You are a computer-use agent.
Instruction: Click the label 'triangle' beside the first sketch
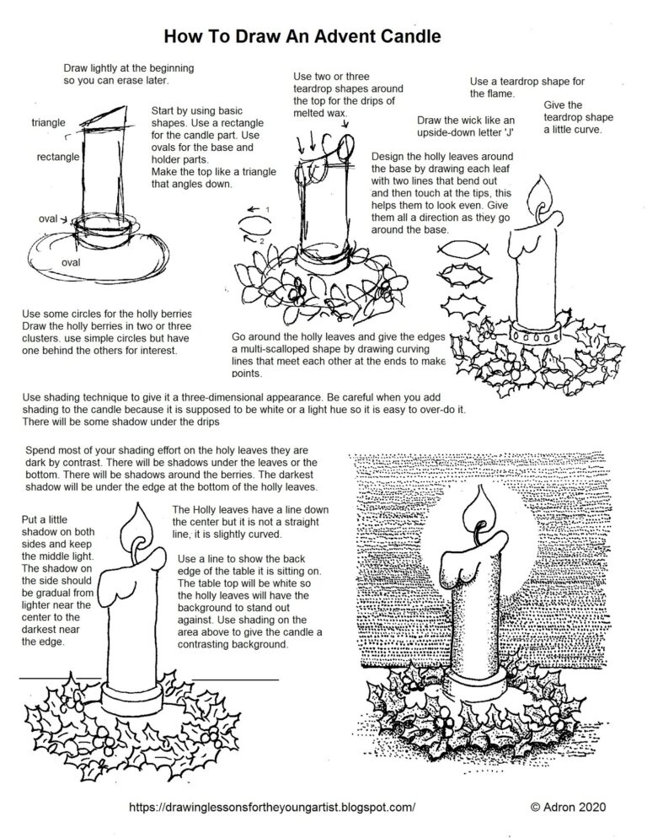[49, 123]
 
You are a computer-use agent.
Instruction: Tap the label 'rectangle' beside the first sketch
[58, 157]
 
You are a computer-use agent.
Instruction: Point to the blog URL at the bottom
[273, 807]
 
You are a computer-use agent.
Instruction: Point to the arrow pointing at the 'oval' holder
[66, 220]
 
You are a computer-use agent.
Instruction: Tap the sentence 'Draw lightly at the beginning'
[128, 68]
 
